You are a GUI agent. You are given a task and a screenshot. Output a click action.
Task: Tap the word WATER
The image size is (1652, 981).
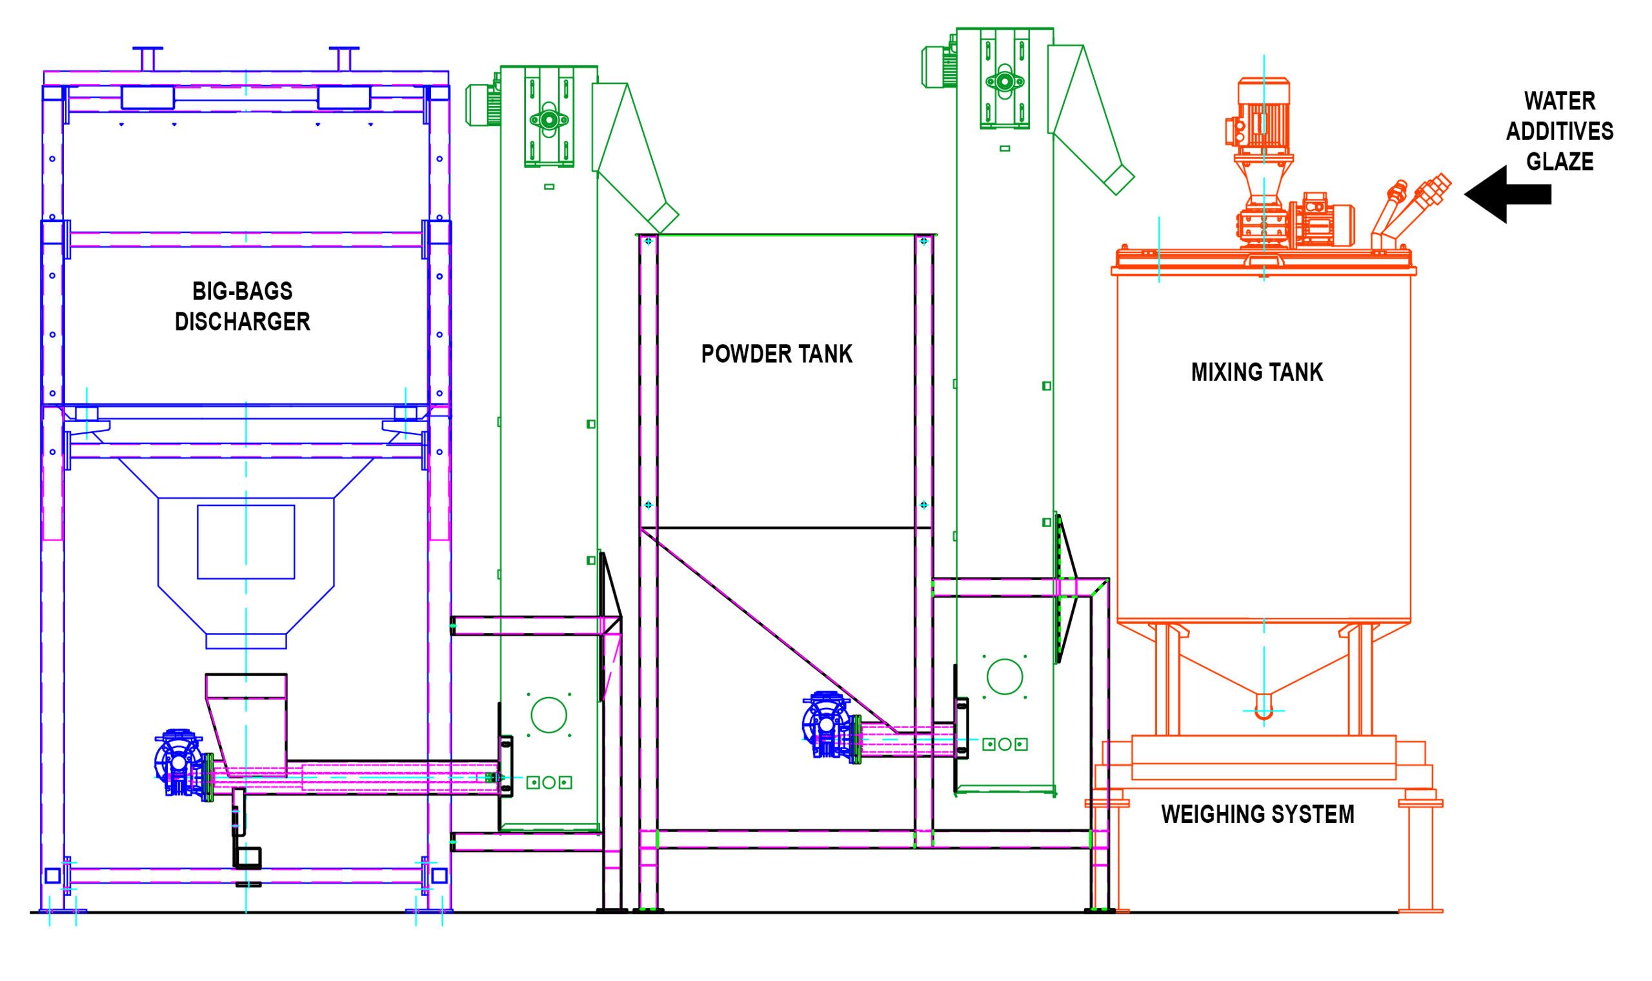pyautogui.click(x=1560, y=101)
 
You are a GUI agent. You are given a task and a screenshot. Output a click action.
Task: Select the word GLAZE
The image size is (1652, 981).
pyautogui.click(x=1560, y=161)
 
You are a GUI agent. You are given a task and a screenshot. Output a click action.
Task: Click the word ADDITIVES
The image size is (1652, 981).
pyautogui.click(x=1560, y=132)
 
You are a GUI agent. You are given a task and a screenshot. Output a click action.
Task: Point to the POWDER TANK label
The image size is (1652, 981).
pyautogui.click(x=776, y=354)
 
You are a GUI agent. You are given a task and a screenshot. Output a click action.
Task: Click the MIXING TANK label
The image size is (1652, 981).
pyautogui.click(x=1257, y=372)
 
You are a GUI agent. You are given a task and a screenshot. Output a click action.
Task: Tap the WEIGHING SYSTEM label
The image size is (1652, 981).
pyautogui.click(x=1258, y=814)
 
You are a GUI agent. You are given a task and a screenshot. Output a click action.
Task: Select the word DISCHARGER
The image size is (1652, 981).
pyautogui.click(x=243, y=322)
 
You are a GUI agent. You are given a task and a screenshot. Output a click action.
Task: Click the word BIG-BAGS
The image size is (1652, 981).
pyautogui.click(x=243, y=292)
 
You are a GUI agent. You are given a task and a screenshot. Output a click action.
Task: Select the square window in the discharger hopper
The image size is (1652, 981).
pyautogui.click(x=246, y=542)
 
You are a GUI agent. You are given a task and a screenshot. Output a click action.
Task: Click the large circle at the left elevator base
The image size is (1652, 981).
pyautogui.click(x=549, y=714)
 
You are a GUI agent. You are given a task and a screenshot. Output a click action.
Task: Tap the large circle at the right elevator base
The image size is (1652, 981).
pyautogui.click(x=1004, y=676)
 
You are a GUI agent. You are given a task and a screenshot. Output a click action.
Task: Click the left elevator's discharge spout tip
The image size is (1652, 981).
pyautogui.click(x=663, y=217)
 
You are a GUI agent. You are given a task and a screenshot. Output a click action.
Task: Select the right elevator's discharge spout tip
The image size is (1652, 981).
pyautogui.click(x=1120, y=179)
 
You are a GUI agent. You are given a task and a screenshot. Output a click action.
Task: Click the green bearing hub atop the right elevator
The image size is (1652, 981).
pyautogui.click(x=1004, y=82)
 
